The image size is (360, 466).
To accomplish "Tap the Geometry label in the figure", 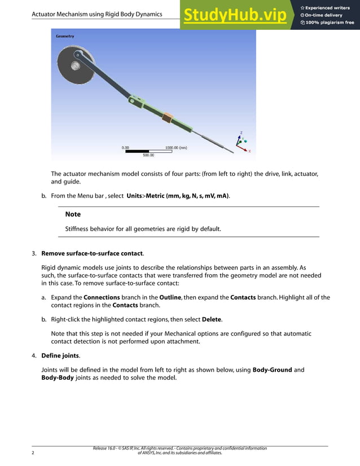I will pyautogui.click(x=65, y=36).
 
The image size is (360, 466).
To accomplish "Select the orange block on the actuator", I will pyautogui.click(x=168, y=118).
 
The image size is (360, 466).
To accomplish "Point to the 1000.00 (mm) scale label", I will pyautogui.click(x=176, y=147).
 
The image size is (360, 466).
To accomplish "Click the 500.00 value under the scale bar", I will pyautogui.click(x=148, y=155).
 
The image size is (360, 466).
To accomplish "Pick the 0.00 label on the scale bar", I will pyautogui.click(x=125, y=147).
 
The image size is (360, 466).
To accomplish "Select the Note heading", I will pyautogui.click(x=73, y=214).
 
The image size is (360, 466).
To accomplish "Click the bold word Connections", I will pyautogui.click(x=102, y=297).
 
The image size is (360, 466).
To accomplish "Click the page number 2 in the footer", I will pyautogui.click(x=33, y=452).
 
